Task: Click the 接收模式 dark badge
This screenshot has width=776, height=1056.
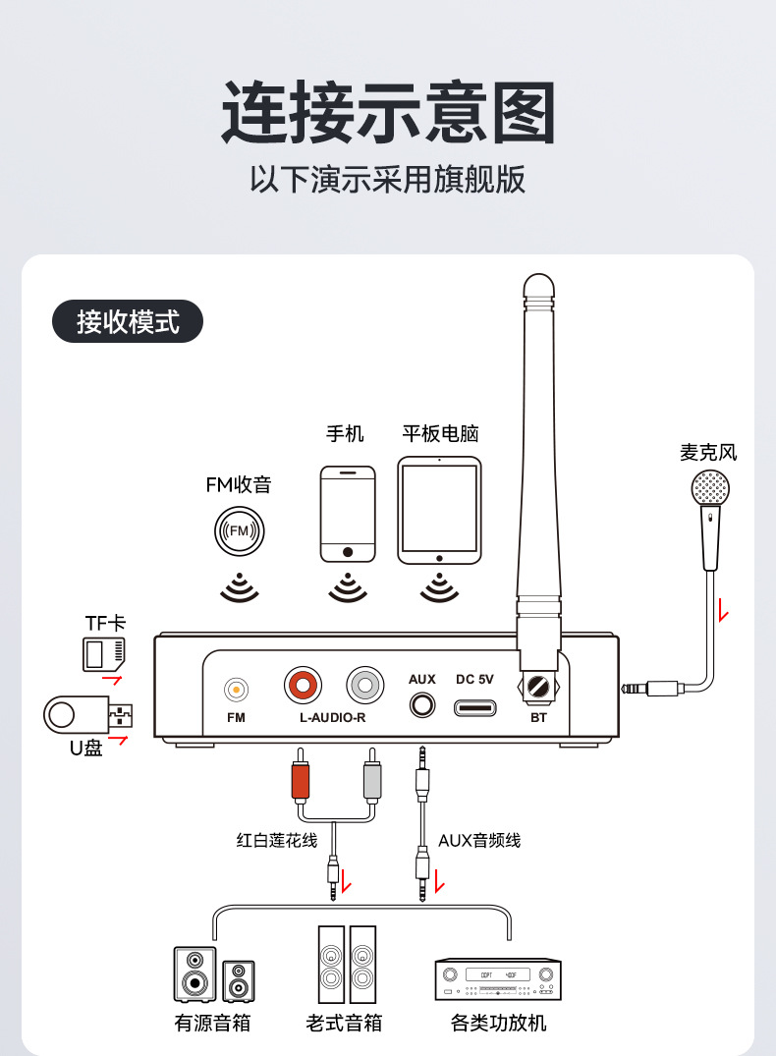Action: coord(127,321)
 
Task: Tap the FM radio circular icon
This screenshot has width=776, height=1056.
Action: coord(240,531)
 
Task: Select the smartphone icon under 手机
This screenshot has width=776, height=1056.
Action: coord(348,514)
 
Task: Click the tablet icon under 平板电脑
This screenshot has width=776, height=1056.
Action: coord(439,511)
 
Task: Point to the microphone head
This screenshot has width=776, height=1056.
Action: coord(709,488)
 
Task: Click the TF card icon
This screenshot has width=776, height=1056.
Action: coord(104,652)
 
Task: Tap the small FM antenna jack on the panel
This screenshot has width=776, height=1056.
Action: coord(236,690)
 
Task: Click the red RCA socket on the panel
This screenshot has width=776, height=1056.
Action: coord(303,684)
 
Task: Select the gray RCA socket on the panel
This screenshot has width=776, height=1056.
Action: coord(366,684)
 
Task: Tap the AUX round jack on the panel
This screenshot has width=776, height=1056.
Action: coord(422,704)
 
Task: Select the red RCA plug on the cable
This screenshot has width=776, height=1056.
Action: coord(300,781)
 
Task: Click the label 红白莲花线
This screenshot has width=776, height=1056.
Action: coord(277,840)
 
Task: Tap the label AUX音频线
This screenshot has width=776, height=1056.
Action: coord(479,840)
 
